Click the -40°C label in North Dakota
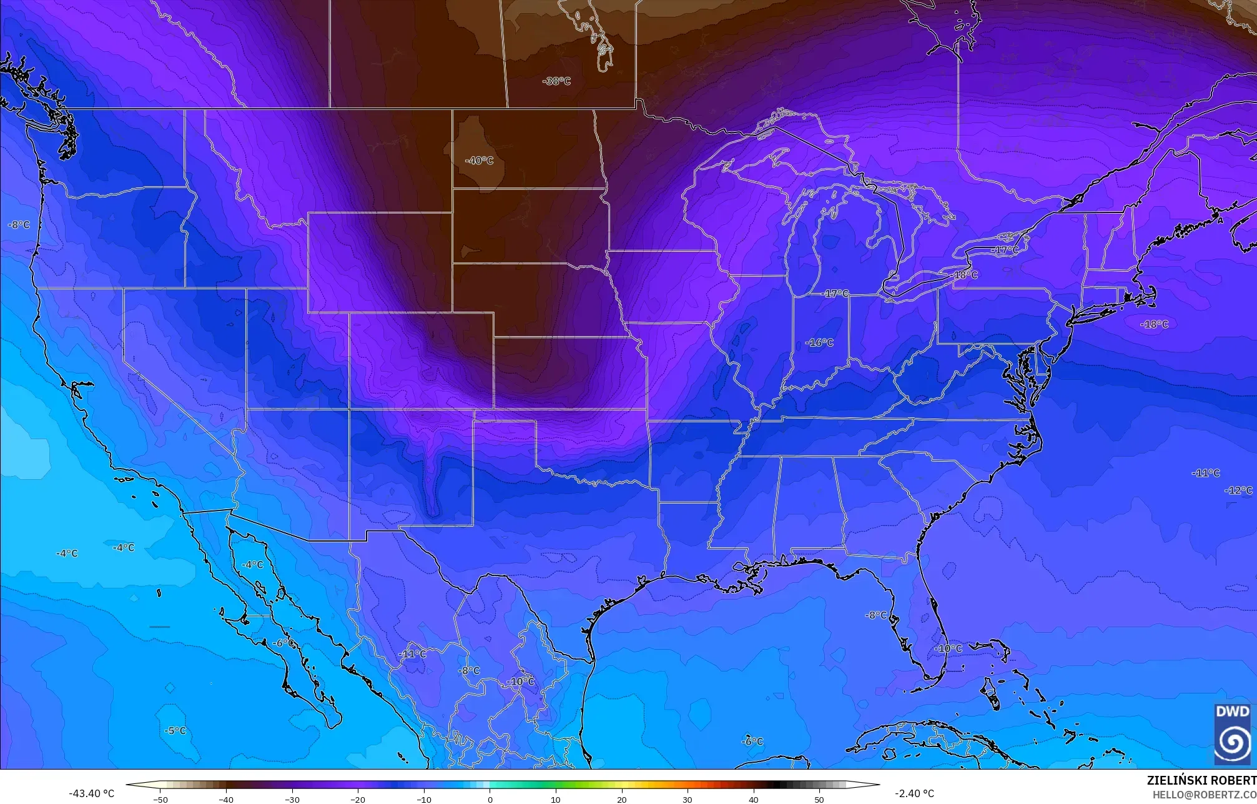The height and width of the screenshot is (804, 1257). pyautogui.click(x=479, y=161)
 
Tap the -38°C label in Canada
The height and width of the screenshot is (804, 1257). pyautogui.click(x=556, y=81)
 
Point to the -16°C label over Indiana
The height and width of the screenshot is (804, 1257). pyautogui.click(x=819, y=342)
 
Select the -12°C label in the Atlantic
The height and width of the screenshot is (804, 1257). pyautogui.click(x=1238, y=490)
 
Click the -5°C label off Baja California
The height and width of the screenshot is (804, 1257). pyautogui.click(x=175, y=730)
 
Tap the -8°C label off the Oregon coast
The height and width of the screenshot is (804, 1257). pyautogui.click(x=19, y=225)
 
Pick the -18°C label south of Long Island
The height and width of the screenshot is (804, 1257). pyautogui.click(x=1154, y=324)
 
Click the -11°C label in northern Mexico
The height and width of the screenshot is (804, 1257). pyautogui.click(x=412, y=654)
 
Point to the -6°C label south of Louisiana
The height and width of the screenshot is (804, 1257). pyautogui.click(x=752, y=742)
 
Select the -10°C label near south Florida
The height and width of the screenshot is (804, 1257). pyautogui.click(x=948, y=648)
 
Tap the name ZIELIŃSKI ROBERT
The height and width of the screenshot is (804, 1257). pyautogui.click(x=1201, y=780)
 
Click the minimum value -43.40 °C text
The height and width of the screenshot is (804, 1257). pyautogui.click(x=91, y=793)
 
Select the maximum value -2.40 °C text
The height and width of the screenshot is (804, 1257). pyautogui.click(x=914, y=793)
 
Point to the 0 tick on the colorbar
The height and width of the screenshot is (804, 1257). pyautogui.click(x=490, y=799)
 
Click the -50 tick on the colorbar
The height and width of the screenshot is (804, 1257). pyautogui.click(x=160, y=799)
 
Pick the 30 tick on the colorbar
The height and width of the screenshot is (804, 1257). pyautogui.click(x=688, y=799)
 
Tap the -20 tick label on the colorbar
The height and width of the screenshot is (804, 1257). pyautogui.click(x=357, y=799)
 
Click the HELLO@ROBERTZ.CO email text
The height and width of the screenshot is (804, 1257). pyautogui.click(x=1204, y=795)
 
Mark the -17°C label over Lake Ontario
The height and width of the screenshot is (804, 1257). pyautogui.click(x=1005, y=250)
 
